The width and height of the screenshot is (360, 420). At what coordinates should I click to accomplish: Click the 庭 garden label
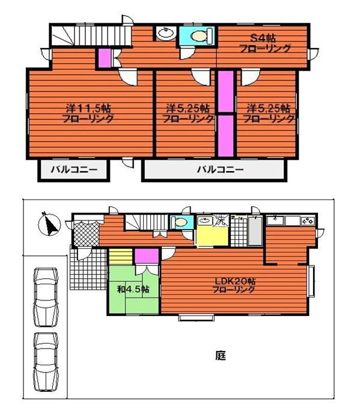[220, 355]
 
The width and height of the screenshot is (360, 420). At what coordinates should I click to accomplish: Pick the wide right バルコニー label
[220, 170]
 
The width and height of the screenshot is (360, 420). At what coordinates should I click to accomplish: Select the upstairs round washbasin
[164, 34]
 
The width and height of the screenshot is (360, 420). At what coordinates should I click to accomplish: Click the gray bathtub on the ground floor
[254, 231]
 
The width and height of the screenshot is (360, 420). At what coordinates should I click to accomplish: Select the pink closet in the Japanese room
[145, 256]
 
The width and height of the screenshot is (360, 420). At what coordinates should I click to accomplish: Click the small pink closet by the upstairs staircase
[104, 58]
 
